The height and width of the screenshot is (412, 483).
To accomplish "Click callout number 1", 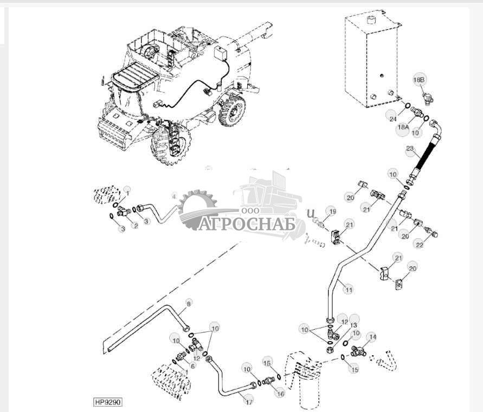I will pos(127,192).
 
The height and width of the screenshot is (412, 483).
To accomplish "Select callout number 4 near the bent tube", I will pos(174,196).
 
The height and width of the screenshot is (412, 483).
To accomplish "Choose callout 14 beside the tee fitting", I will pos(371,337).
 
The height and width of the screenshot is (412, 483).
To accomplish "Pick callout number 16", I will pos(280,394).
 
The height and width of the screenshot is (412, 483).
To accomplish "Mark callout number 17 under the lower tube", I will pos(249,402).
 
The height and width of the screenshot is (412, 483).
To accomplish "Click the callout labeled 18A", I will pos(402,126).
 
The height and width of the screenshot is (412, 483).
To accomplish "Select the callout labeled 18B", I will pos(419,80).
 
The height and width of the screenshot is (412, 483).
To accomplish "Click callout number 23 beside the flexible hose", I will pos(409,149).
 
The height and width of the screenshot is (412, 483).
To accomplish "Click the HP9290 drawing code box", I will pos(108,402).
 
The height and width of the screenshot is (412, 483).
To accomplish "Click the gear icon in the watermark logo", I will pos(197,208).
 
